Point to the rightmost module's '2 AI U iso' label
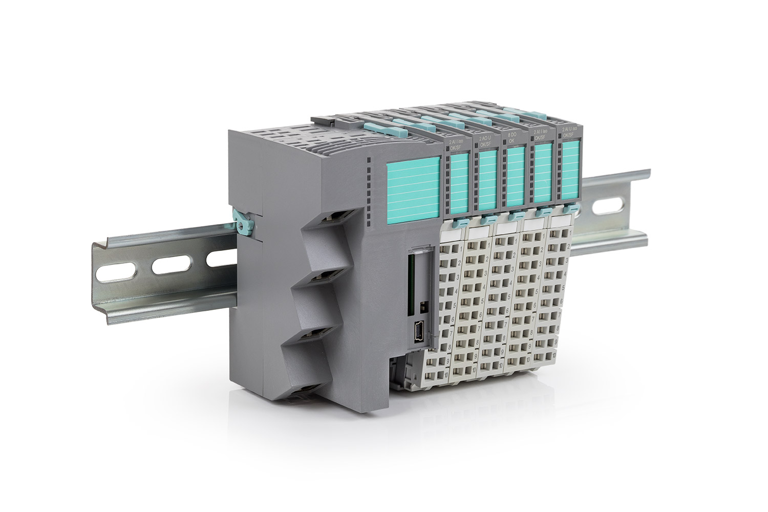click(569, 130)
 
